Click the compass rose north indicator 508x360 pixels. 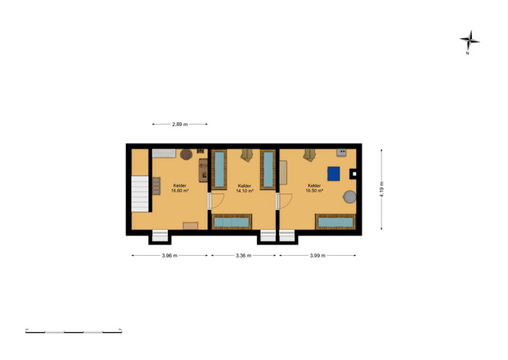469,41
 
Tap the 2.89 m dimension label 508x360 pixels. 180,124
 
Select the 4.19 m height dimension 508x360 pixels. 381,190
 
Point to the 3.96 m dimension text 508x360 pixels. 169,256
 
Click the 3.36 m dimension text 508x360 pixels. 244,256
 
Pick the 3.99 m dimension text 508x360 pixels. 318,256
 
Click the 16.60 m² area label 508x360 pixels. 180,191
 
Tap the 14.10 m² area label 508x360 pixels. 244,191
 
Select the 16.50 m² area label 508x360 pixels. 314,191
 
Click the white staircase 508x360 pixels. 140,194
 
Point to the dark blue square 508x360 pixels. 333,173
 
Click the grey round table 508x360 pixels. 350,196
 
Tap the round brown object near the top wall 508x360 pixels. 187,154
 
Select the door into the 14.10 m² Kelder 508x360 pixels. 217,201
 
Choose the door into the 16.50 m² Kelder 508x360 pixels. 285,201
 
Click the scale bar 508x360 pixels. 74,331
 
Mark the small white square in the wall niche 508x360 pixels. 354,174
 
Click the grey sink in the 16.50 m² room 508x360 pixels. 341,152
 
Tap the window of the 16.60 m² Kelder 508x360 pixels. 160,235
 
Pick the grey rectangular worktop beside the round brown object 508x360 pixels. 164,153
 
